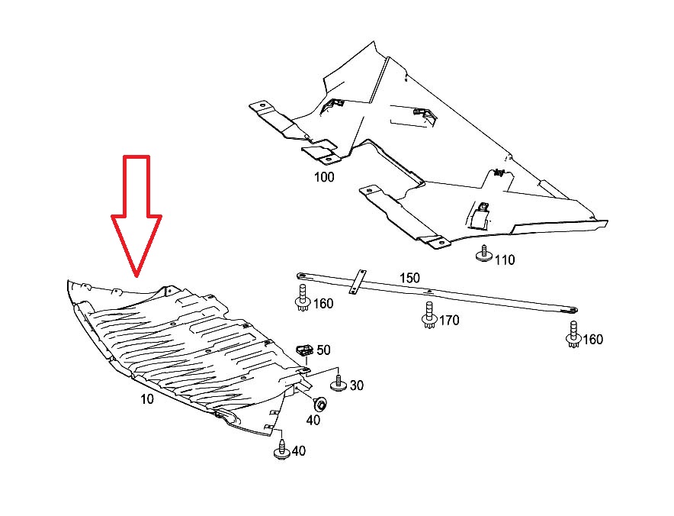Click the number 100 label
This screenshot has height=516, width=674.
[x=324, y=177]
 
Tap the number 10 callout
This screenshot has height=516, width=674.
[x=147, y=399]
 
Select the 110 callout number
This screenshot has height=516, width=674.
[x=505, y=260]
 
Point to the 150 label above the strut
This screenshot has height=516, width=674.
[x=409, y=278]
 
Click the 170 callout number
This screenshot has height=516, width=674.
[x=449, y=320]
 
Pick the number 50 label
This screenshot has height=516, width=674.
[x=324, y=350]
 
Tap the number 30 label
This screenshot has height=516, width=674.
[x=356, y=385]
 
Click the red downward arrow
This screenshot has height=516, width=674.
[x=136, y=215]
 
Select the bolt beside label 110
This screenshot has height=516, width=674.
[x=484, y=253]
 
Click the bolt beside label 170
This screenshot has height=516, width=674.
[x=428, y=314]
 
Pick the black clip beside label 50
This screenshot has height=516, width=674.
[x=305, y=350]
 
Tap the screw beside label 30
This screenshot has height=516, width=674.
[x=338, y=383]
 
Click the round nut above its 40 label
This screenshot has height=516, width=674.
[x=319, y=404]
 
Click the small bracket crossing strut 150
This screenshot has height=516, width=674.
[x=358, y=282]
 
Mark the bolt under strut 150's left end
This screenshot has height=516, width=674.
[x=303, y=298]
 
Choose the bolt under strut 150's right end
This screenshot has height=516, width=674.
[x=573, y=334]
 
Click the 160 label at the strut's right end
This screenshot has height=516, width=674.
[x=592, y=339]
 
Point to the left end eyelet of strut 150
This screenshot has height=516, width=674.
[x=301, y=276]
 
